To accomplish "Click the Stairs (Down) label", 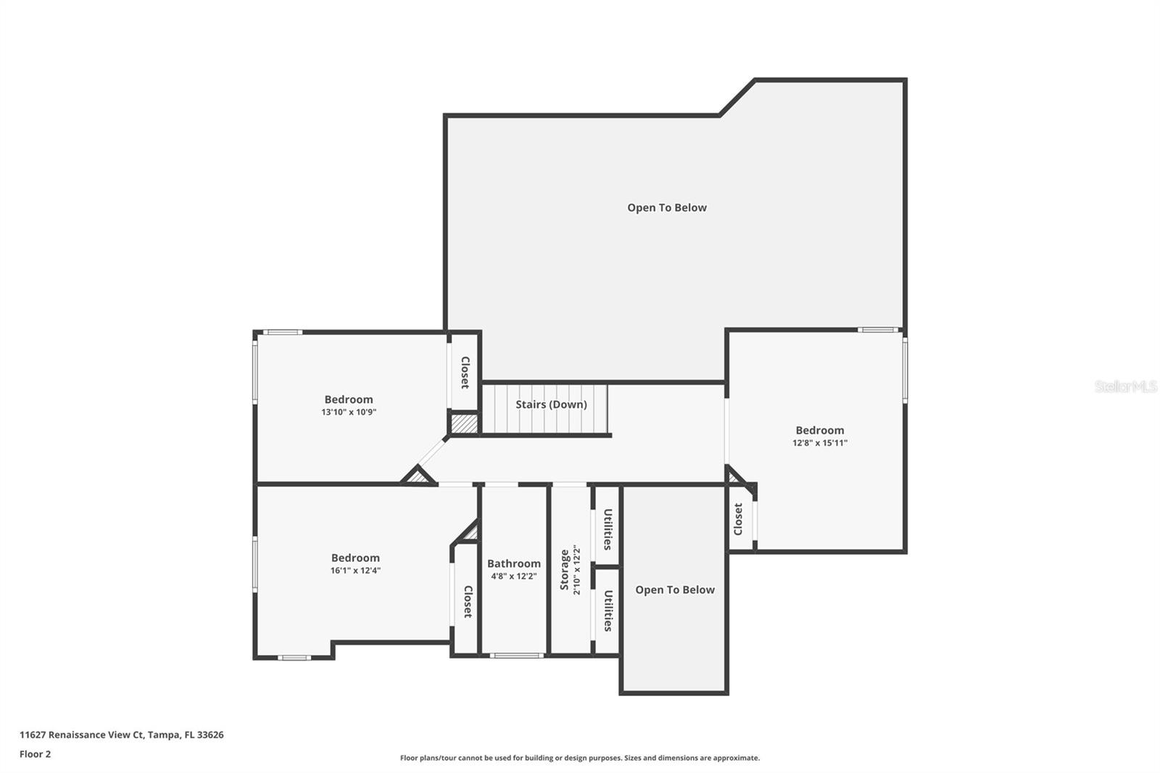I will coord(551,405).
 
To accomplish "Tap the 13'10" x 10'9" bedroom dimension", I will coord(349,413).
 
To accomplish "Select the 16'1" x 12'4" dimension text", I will coord(355,571).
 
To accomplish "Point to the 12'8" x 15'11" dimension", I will coord(819,443).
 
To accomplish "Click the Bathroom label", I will coord(513,563).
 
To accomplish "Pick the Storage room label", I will coord(565,570).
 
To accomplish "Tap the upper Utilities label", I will coord(608,529).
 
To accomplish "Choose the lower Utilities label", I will coord(608,611).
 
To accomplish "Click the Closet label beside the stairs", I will coord(465,373).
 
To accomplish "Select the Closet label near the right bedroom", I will coord(738,519).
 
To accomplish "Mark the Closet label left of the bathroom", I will coord(468,602).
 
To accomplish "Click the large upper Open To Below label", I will coord(666,208).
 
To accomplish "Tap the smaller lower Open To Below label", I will coord(674,590).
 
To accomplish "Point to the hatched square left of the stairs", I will coord(464,423).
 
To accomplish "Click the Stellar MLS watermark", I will coord(1125,386).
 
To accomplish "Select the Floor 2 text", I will coord(35,754).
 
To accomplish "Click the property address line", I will coord(121,735).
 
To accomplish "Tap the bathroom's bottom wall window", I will coord(516,656).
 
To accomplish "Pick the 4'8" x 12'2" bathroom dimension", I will coord(513,576).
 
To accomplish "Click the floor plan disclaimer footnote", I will coord(580,758).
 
